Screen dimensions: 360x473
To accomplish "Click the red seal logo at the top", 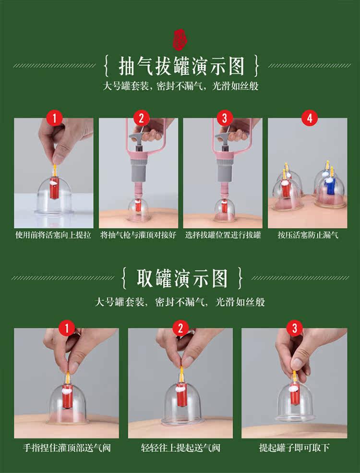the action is click(180, 39).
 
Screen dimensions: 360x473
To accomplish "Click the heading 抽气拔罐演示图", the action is click(181, 66).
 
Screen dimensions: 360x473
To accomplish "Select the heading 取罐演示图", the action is click(182, 278).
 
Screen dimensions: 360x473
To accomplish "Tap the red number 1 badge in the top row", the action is click(54, 118).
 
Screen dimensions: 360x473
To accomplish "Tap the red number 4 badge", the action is click(309, 118).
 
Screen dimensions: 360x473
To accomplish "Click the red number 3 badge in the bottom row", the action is click(294, 328).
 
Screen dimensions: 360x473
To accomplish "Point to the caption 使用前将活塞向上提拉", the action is click(53, 235).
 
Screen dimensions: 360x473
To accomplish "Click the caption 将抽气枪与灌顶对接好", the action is click(138, 235).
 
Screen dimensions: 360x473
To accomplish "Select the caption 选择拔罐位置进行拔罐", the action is click(223, 235).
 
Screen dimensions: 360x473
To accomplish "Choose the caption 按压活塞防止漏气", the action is click(308, 235).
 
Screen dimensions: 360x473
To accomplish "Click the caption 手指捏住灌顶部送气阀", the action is click(67, 448).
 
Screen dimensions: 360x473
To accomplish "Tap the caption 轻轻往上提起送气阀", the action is click(180, 448).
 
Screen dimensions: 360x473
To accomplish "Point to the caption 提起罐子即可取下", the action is click(294, 448).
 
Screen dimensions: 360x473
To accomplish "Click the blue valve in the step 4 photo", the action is click(329, 186).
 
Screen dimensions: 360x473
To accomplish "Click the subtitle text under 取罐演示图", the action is click(180, 302).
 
